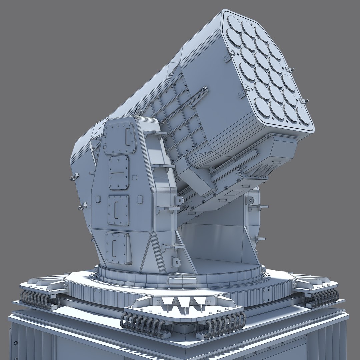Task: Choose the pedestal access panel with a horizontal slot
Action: pyautogui.click(x=119, y=173)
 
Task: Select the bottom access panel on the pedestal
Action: pyautogui.click(x=118, y=248)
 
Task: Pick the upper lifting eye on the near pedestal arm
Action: pyautogui.click(x=178, y=201)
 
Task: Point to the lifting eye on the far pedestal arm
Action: pyautogui.click(x=248, y=200)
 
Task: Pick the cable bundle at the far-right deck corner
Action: pyautogui.click(x=322, y=295)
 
